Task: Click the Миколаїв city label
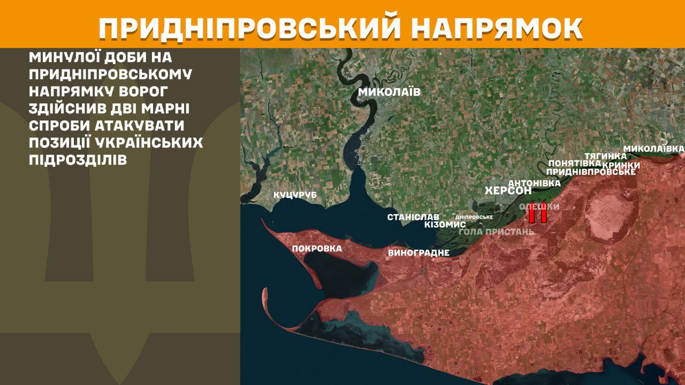[389, 92]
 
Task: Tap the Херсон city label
[508, 191]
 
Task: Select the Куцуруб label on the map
[295, 195]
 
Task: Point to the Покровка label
[317, 249]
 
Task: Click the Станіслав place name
[413, 217]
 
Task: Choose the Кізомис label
[445, 225]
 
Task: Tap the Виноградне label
[418, 253]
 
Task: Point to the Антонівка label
[534, 183]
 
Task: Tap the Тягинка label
[605, 156]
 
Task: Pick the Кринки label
[621, 165]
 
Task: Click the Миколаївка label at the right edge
[654, 148]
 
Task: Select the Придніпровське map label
[591, 172]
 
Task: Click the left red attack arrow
[532, 212]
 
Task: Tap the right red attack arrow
[543, 212]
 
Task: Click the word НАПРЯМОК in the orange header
[498, 28]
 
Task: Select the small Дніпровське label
[474, 217]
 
